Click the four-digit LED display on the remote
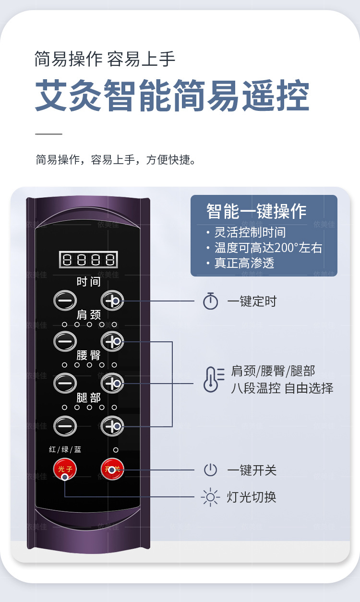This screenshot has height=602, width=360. [x=88, y=260]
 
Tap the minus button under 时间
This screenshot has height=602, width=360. [x=65, y=301]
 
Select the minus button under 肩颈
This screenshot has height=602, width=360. [x=65, y=341]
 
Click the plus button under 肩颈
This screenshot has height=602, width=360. [x=112, y=341]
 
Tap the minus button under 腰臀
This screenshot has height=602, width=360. [x=65, y=383]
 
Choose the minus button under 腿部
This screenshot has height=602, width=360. [x=65, y=424]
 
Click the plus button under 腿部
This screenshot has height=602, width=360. [x=112, y=424]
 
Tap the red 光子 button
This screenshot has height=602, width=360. [x=65, y=469]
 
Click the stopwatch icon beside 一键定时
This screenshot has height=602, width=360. [x=210, y=301]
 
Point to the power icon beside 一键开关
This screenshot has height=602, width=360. [x=210, y=470]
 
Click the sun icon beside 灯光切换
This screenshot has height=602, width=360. [x=210, y=497]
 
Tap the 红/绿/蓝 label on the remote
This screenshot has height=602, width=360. [x=65, y=450]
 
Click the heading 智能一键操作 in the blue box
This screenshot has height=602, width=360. [x=256, y=211]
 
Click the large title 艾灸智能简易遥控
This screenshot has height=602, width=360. [x=172, y=96]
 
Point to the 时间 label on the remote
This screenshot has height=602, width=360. [x=88, y=282]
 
